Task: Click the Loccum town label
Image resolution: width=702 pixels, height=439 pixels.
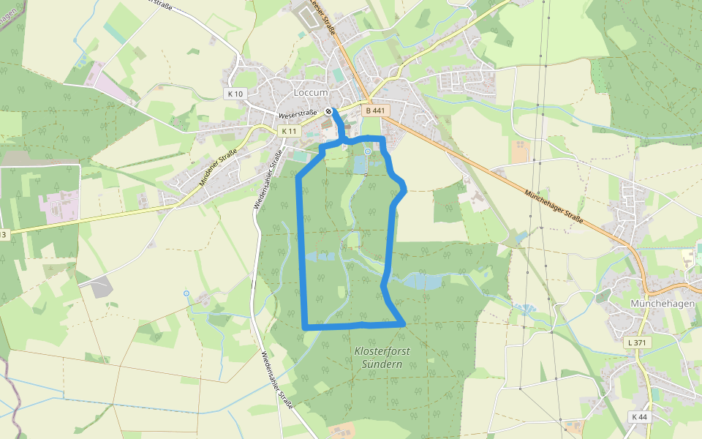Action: coord(310,93)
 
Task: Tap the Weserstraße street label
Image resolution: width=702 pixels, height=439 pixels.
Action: coord(298,115)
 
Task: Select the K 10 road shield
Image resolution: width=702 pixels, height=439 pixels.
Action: coord(235,94)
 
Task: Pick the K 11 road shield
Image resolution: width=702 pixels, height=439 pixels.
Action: coord(290,131)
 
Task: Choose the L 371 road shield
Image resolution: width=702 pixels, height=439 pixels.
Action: coord(638,342)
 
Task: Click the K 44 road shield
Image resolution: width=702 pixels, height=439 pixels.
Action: coord(638,417)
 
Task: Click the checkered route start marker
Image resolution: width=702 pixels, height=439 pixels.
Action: coord(331,112)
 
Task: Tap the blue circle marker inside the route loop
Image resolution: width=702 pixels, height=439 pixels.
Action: coord(367,151)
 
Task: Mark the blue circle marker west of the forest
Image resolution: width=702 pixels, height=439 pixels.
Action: coord(186,293)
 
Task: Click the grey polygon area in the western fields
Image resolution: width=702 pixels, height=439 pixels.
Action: coord(100,288)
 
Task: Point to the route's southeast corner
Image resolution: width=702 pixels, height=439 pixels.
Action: coord(402,322)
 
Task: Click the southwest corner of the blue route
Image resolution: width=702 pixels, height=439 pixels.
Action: coord(304,326)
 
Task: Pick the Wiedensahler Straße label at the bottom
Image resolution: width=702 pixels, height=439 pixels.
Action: coord(276,380)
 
